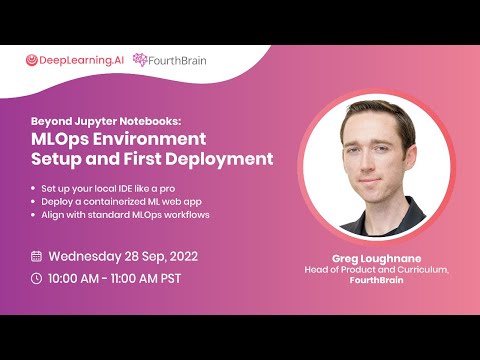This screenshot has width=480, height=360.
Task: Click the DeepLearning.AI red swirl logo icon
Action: [x=32, y=60]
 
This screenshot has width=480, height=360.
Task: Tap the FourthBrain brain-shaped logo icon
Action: [x=140, y=60]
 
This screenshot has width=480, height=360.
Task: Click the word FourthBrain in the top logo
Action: [x=177, y=61]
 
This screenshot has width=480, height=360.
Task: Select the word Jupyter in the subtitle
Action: [x=96, y=122]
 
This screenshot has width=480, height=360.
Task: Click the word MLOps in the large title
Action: [x=60, y=139]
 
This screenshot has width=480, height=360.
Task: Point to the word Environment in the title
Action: [x=149, y=139]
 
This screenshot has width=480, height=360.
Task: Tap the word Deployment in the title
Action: [x=219, y=159]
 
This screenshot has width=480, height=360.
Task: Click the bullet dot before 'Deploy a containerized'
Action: [x=33, y=202]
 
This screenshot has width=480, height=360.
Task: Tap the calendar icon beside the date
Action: [x=36, y=256]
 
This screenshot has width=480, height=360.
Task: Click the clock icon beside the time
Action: [x=36, y=279]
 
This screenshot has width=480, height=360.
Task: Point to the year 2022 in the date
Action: [x=184, y=256]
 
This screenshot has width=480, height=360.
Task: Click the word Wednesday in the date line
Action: [x=85, y=257]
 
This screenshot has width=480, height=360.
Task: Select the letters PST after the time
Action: [x=171, y=279]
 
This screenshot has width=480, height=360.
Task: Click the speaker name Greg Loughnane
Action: [x=377, y=259]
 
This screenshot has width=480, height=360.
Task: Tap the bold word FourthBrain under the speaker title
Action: [x=377, y=280]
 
